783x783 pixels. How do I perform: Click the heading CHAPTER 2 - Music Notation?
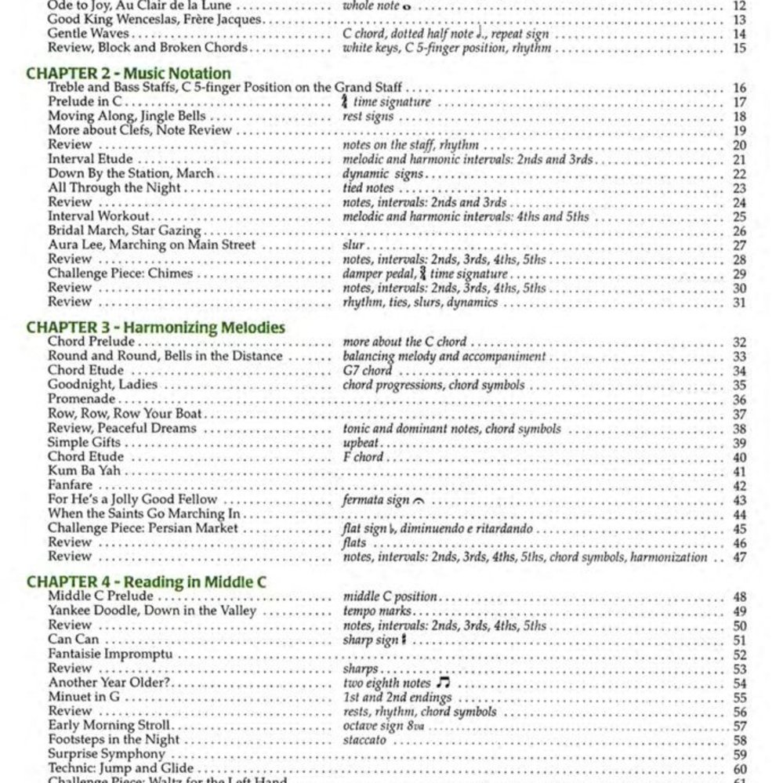click(129, 74)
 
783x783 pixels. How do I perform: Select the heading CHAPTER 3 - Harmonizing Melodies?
click(155, 327)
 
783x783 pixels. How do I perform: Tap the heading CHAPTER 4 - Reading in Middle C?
click(146, 582)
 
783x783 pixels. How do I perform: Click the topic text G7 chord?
click(367, 371)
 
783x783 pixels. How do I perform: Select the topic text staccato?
click(364, 740)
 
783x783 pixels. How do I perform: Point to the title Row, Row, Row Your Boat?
click(125, 414)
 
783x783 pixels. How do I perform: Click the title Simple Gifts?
click(84, 443)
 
